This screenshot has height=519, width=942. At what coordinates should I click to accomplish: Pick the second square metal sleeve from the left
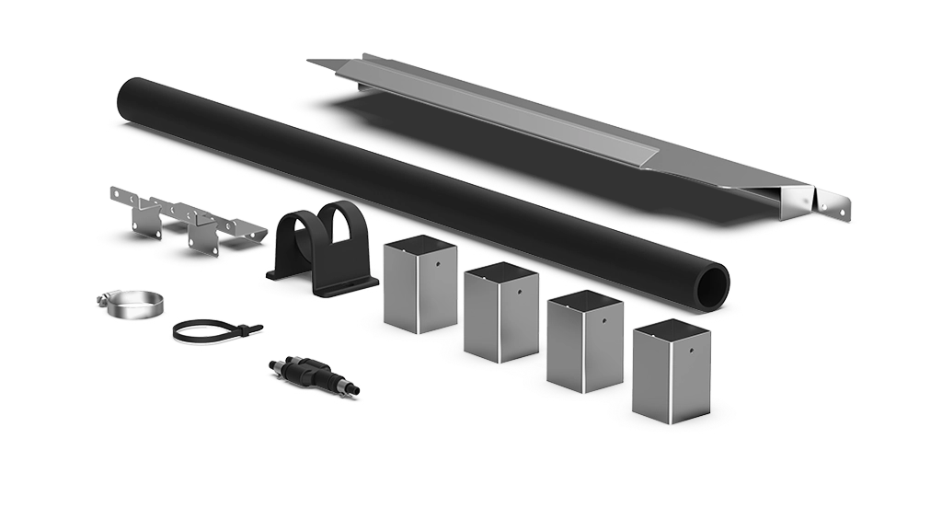(500, 313)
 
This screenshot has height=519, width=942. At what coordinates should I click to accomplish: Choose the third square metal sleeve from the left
(585, 341)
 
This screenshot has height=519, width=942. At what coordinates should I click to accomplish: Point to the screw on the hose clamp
(104, 297)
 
